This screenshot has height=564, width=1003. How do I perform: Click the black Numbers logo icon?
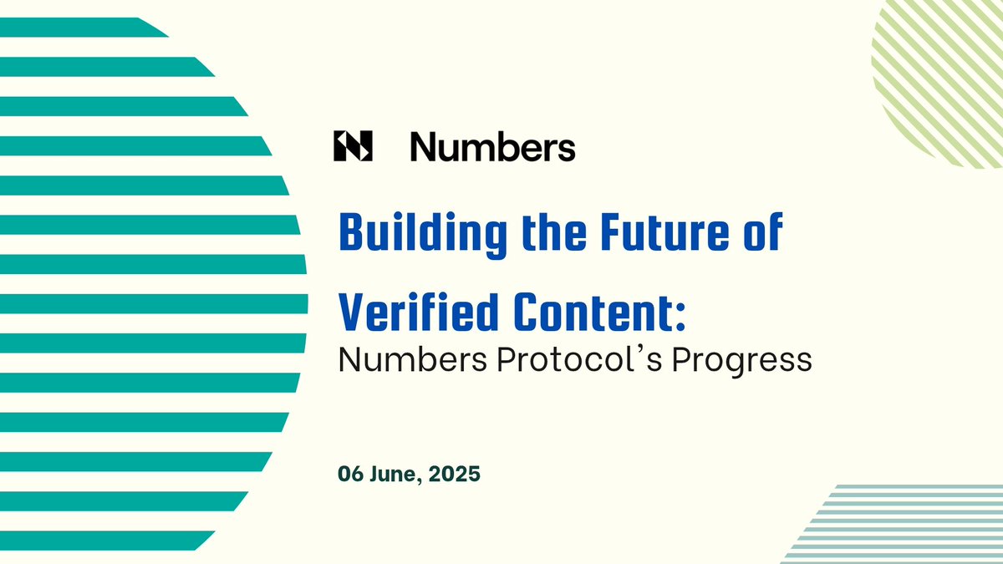point(352,146)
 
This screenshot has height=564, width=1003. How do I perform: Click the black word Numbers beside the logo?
point(492,148)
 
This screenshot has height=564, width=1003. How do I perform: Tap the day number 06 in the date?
point(349,474)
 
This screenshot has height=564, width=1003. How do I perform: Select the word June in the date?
point(396,474)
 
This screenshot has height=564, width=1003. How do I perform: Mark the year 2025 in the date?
point(457,474)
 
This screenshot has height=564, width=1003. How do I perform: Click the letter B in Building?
point(352,235)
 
